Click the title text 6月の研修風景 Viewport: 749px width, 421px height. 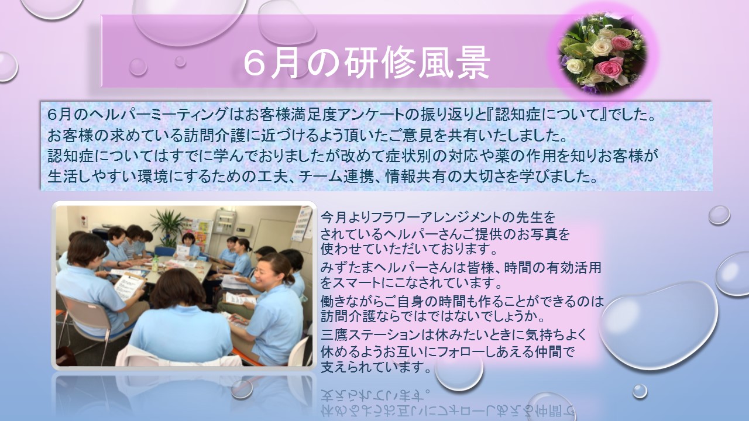pyautogui.click(x=367, y=65)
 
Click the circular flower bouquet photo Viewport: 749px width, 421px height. pyautogui.click(x=603, y=53)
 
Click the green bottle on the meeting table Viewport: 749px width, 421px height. pyautogui.click(x=154, y=264)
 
